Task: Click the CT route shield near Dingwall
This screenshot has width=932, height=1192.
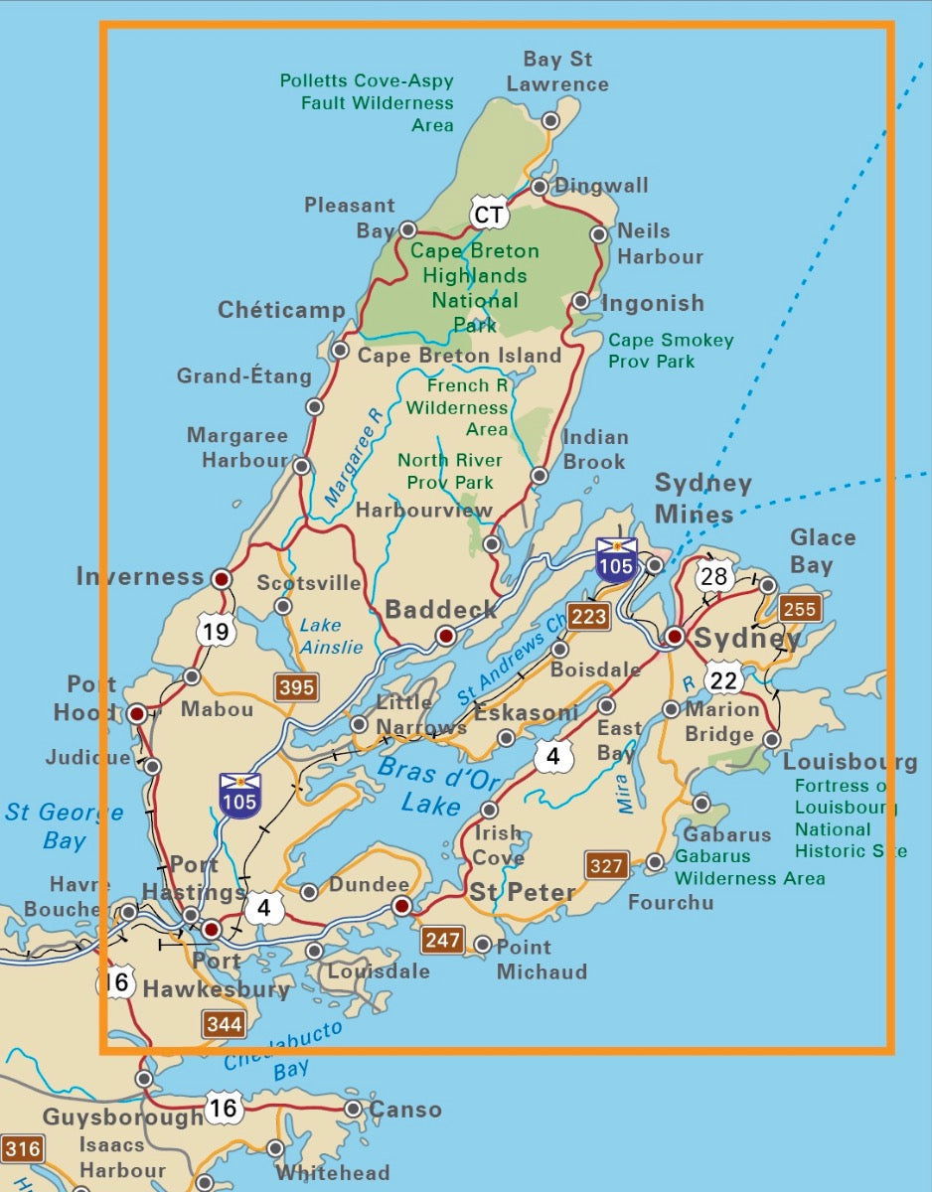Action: pos(489,215)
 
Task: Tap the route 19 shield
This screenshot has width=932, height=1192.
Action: pos(217,630)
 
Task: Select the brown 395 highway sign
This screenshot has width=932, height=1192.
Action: pos(297,685)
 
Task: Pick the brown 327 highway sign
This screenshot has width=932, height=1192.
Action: pos(606,865)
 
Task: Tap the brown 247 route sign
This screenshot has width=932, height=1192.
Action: pos(443,939)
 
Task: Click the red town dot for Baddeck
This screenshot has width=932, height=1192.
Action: pos(446,635)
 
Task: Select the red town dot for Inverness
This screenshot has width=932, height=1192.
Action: pos(222,577)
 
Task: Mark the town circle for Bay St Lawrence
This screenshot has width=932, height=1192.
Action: pos(549,120)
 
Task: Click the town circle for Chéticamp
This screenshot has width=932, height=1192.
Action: pos(340,350)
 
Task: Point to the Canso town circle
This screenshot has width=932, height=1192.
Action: pos(353,1109)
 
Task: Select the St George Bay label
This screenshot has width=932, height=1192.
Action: pos(65,825)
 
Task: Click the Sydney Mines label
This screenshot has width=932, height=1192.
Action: pos(702,498)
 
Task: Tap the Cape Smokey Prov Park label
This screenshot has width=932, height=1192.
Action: pos(671,351)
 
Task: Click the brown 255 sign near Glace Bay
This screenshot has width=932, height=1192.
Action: pos(800,609)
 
